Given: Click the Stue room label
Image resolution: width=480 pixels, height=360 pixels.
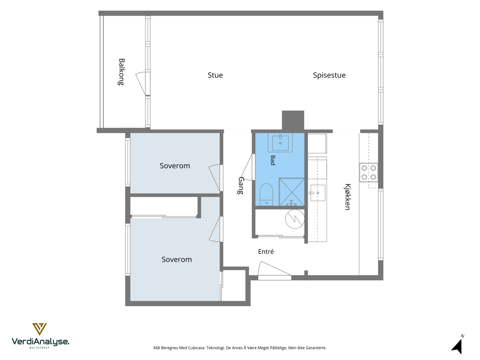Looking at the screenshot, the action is [x=215, y=75].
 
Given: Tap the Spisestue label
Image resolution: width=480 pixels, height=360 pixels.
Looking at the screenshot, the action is [x=329, y=75].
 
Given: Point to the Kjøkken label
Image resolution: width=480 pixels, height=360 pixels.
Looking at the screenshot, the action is [x=347, y=197].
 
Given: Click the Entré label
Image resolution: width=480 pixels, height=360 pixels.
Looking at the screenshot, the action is [x=266, y=252].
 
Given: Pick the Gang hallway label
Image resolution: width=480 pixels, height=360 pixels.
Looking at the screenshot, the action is [x=241, y=186].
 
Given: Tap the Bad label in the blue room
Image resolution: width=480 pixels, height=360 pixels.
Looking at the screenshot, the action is [x=273, y=160].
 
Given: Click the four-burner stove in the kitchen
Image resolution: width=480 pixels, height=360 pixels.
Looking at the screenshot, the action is [x=369, y=172].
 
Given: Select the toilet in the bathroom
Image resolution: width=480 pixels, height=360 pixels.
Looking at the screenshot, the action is [x=266, y=194].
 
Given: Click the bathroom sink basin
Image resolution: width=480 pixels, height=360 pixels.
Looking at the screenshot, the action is [x=280, y=142].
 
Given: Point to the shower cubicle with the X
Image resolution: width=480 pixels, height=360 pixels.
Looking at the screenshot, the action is [x=292, y=192].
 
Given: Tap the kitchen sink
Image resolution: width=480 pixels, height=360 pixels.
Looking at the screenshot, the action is [x=318, y=193].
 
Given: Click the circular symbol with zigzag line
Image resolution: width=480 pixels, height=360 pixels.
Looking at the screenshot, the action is [x=295, y=219].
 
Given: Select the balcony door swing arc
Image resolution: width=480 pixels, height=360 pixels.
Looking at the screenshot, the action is [x=140, y=83].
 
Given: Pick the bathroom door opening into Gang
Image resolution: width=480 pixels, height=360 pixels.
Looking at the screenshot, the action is [x=247, y=167].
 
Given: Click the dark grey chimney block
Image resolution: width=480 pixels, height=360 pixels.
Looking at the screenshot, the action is [x=293, y=120].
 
